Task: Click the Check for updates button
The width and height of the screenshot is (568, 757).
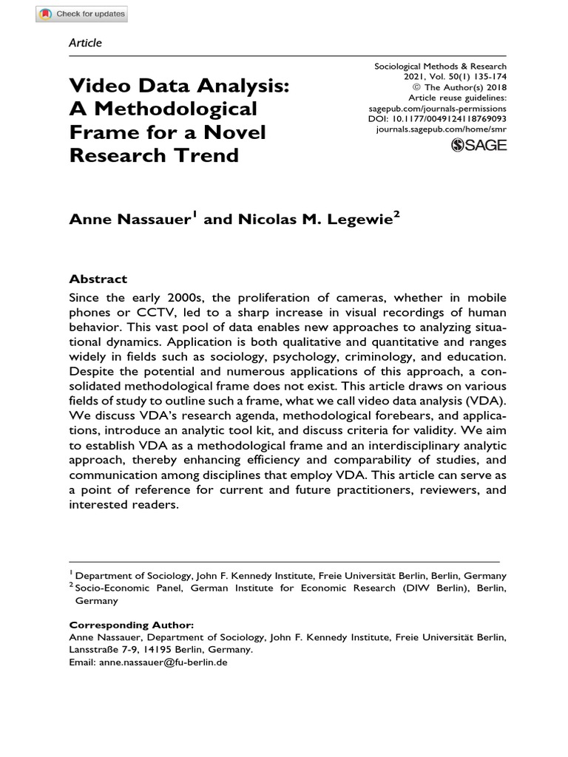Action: pos(82,13)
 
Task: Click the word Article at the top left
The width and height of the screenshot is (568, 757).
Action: pos(85,43)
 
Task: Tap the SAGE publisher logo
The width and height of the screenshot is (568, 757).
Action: pos(479,145)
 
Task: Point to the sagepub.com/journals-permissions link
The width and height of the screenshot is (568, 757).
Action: pos(437,107)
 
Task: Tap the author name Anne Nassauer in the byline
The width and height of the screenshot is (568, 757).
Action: pos(131,220)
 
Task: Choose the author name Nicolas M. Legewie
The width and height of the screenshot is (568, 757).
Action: pos(314,220)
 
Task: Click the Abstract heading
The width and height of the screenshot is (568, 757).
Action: pos(98,279)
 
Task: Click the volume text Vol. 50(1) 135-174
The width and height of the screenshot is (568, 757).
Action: pos(463,76)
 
